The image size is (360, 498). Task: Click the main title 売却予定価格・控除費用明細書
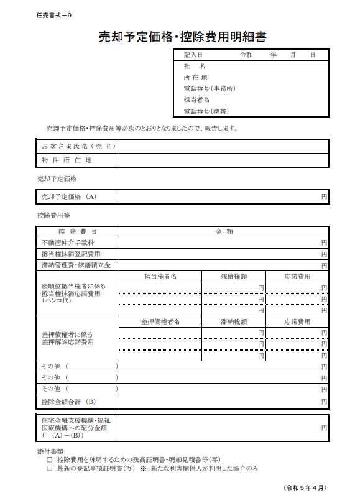(182, 37)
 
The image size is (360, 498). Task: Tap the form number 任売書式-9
(54, 14)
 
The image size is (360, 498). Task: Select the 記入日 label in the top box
(193, 55)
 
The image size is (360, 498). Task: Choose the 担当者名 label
(196, 99)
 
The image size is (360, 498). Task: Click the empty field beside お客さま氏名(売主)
(224, 146)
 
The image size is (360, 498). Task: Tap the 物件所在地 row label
(67, 160)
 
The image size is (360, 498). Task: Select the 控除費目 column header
(78, 231)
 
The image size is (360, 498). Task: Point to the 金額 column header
(224, 231)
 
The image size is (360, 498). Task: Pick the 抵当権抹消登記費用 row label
(71, 254)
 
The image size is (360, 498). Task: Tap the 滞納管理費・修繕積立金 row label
(76, 265)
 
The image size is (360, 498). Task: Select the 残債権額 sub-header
(234, 276)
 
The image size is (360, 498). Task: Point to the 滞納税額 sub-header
(234, 322)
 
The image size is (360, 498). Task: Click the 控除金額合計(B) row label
(68, 402)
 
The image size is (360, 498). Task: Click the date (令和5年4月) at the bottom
(305, 487)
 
